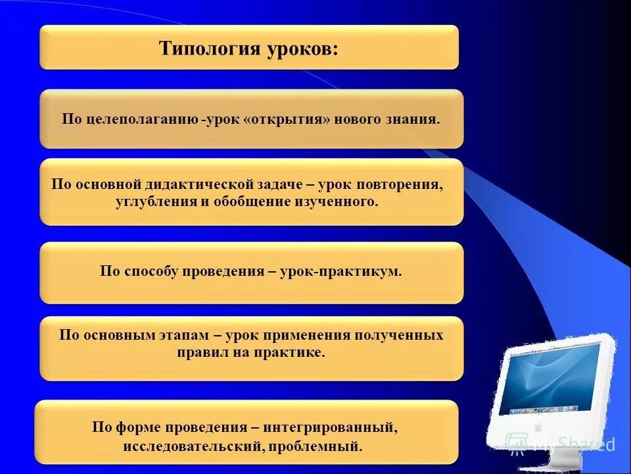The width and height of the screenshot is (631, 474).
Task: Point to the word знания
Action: (415, 120)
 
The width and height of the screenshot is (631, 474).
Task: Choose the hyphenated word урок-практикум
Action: (340, 271)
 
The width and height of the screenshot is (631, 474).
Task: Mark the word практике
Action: (291, 352)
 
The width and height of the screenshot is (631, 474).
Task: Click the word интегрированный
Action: (331, 428)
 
